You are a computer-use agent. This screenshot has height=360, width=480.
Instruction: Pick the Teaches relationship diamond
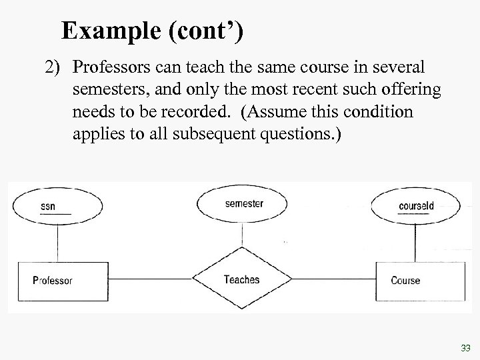tap(241, 280)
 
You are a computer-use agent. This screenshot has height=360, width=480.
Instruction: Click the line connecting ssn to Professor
tap(49, 243)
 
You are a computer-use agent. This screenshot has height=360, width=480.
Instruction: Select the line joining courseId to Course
tap(417, 243)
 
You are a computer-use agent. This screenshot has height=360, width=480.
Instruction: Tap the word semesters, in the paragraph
tap(111, 89)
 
